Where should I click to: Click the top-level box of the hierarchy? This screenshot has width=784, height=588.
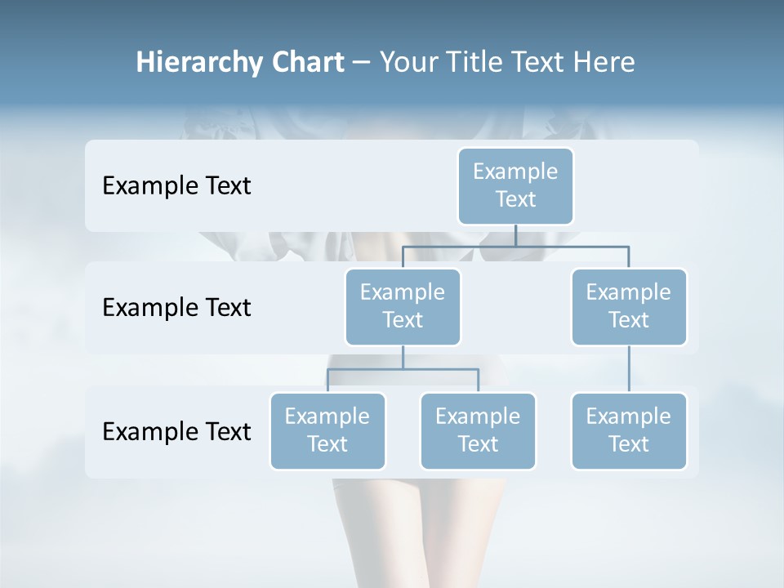(x=515, y=185)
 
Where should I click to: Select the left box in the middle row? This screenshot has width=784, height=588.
(x=403, y=306)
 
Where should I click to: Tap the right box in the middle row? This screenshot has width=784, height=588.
(x=629, y=306)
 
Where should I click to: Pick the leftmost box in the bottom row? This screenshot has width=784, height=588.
(x=327, y=430)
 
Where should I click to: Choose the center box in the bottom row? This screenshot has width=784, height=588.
(x=478, y=430)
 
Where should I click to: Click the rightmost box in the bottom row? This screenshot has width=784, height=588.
(x=629, y=430)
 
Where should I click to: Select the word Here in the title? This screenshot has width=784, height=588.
(x=605, y=62)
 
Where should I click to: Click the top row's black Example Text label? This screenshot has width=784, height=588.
(x=176, y=186)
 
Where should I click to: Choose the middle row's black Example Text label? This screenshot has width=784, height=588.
(x=176, y=308)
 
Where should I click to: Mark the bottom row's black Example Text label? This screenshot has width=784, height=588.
(x=176, y=431)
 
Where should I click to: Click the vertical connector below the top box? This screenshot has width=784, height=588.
(x=515, y=235)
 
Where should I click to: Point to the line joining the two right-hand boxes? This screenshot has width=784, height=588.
(x=629, y=369)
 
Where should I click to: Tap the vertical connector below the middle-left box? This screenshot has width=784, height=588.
(x=403, y=358)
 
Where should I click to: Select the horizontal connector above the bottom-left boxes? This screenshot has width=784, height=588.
(x=403, y=369)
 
